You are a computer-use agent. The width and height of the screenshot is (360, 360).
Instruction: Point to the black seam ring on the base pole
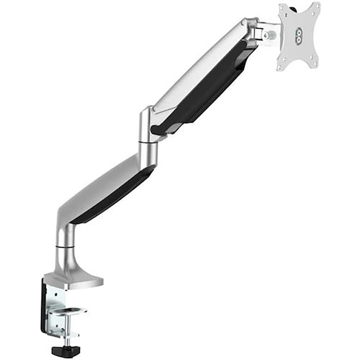65,247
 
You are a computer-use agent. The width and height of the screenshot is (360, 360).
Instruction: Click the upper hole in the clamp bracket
54,295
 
